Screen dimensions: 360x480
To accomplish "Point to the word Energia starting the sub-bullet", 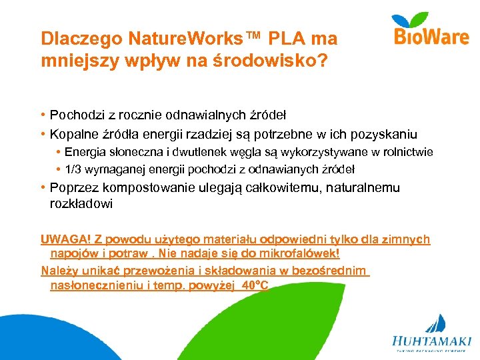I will pyautogui.click(x=84, y=152).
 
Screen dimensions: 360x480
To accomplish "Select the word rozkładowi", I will pyautogui.click(x=81, y=204).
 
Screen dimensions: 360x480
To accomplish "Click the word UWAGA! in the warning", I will pyautogui.click(x=61, y=239).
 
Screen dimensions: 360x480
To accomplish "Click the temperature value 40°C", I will pyautogui.click(x=255, y=285).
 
